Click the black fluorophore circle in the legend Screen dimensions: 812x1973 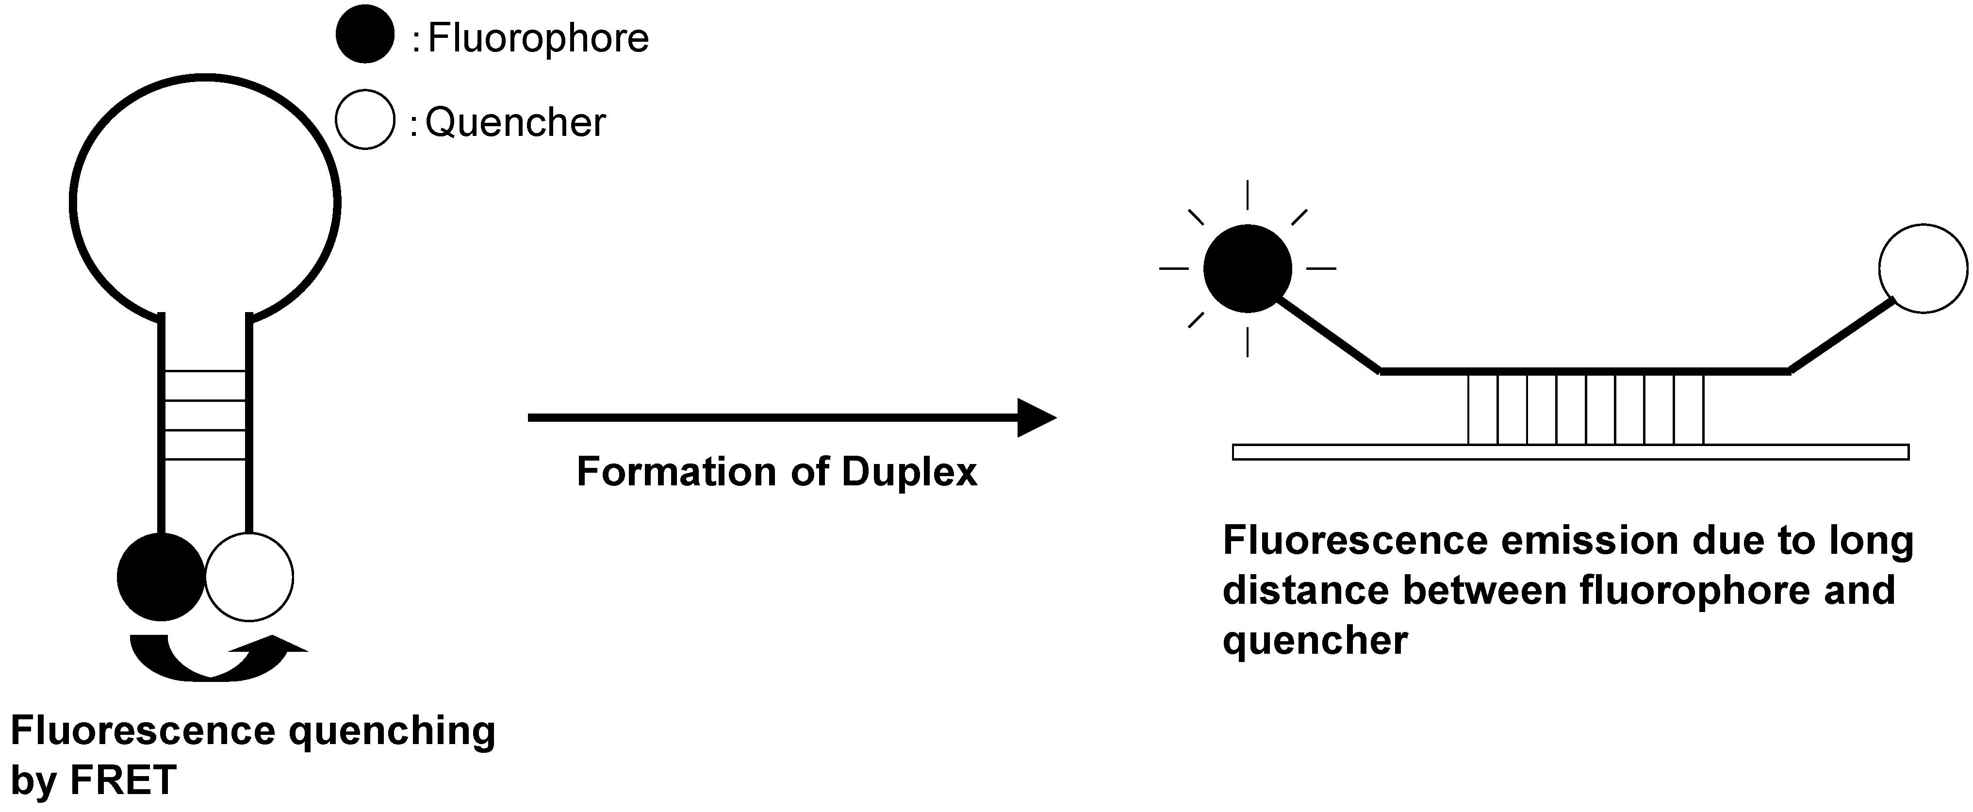tap(364, 34)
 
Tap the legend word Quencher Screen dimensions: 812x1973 tap(515, 123)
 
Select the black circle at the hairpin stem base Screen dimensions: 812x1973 tap(161, 576)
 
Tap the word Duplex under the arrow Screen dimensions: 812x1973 tap(909, 472)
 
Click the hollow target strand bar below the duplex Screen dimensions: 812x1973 tap(1570, 452)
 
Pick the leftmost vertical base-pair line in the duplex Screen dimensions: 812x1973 tap(1468, 408)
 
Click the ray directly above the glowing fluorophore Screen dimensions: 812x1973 tap(1248, 195)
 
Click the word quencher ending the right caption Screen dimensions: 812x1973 tap(1315, 640)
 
